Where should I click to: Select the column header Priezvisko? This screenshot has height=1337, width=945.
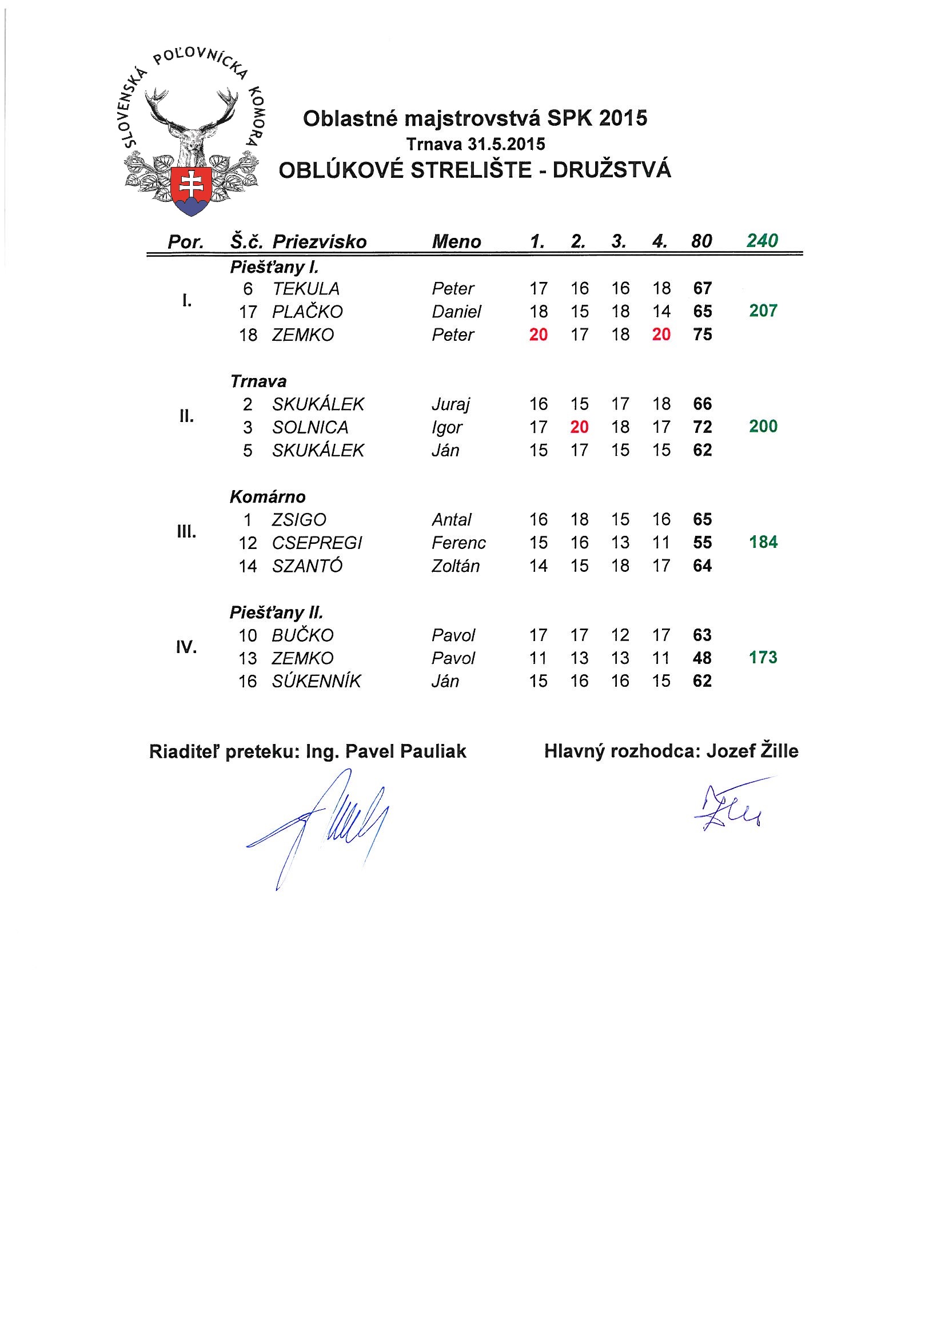tap(319, 242)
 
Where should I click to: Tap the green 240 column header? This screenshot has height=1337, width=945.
tap(762, 241)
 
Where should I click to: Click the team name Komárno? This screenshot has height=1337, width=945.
tap(267, 497)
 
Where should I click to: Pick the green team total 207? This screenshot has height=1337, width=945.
tap(763, 311)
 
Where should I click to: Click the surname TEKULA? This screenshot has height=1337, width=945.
tap(306, 289)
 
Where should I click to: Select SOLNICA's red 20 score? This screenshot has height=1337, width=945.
tap(579, 427)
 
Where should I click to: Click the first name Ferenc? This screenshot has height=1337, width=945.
tap(458, 543)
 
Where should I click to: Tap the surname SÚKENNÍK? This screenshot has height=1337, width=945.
tap(316, 681)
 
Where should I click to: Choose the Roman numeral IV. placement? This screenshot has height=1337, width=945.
tap(186, 647)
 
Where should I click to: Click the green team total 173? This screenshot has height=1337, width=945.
tap(763, 658)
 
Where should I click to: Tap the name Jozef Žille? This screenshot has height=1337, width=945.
tap(752, 751)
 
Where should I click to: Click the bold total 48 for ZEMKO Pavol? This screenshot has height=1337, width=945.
tap(703, 658)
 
